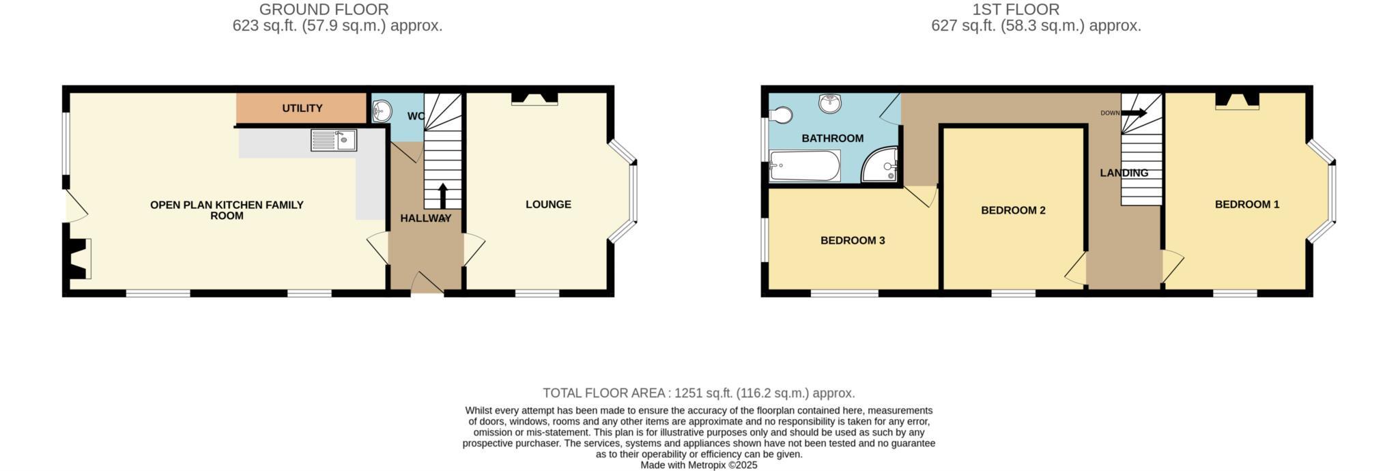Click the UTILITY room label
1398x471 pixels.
[x=302, y=109]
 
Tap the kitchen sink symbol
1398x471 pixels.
[x=333, y=140]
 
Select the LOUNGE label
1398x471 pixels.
[x=548, y=204]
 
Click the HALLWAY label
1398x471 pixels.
[x=425, y=218]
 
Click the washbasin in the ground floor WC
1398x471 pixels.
[x=382, y=111]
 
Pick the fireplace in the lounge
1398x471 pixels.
[x=534, y=100]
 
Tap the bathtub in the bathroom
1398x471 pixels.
[x=805, y=166]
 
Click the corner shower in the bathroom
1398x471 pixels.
[x=882, y=167]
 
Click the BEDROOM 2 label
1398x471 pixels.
[x=1013, y=210]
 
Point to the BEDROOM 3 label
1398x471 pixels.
[x=853, y=240]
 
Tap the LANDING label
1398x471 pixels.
[x=1124, y=173]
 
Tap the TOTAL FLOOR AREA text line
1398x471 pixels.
[x=698, y=393]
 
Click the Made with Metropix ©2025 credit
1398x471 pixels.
[x=698, y=465]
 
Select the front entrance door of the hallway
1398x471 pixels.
[x=427, y=283]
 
